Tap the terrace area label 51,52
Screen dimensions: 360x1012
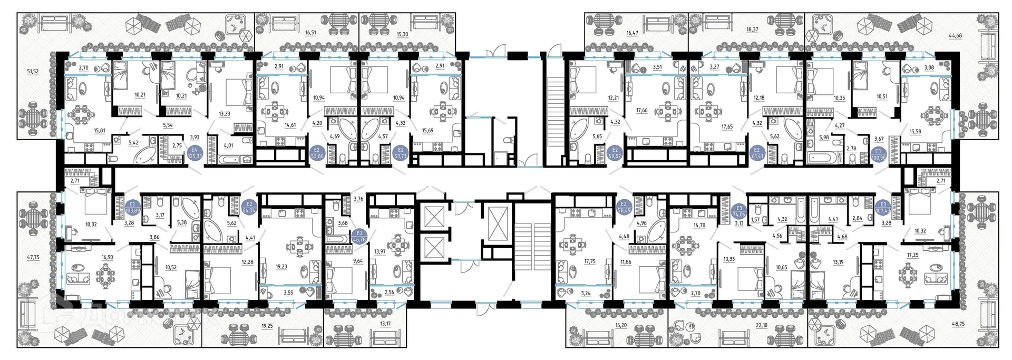[33, 71]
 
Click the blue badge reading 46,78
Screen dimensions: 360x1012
[359, 236]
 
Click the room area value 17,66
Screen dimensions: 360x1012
[641, 111]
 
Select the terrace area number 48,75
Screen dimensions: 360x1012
[984, 325]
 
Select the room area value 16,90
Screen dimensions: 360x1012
[108, 258]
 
